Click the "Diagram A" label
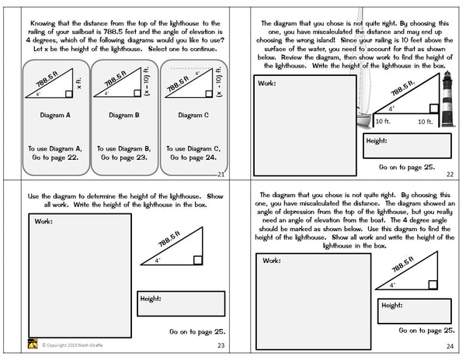(55, 114)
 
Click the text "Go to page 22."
(54, 154)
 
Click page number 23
(221, 346)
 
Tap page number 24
(454, 346)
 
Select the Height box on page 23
(181, 305)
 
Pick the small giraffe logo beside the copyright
(32, 345)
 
